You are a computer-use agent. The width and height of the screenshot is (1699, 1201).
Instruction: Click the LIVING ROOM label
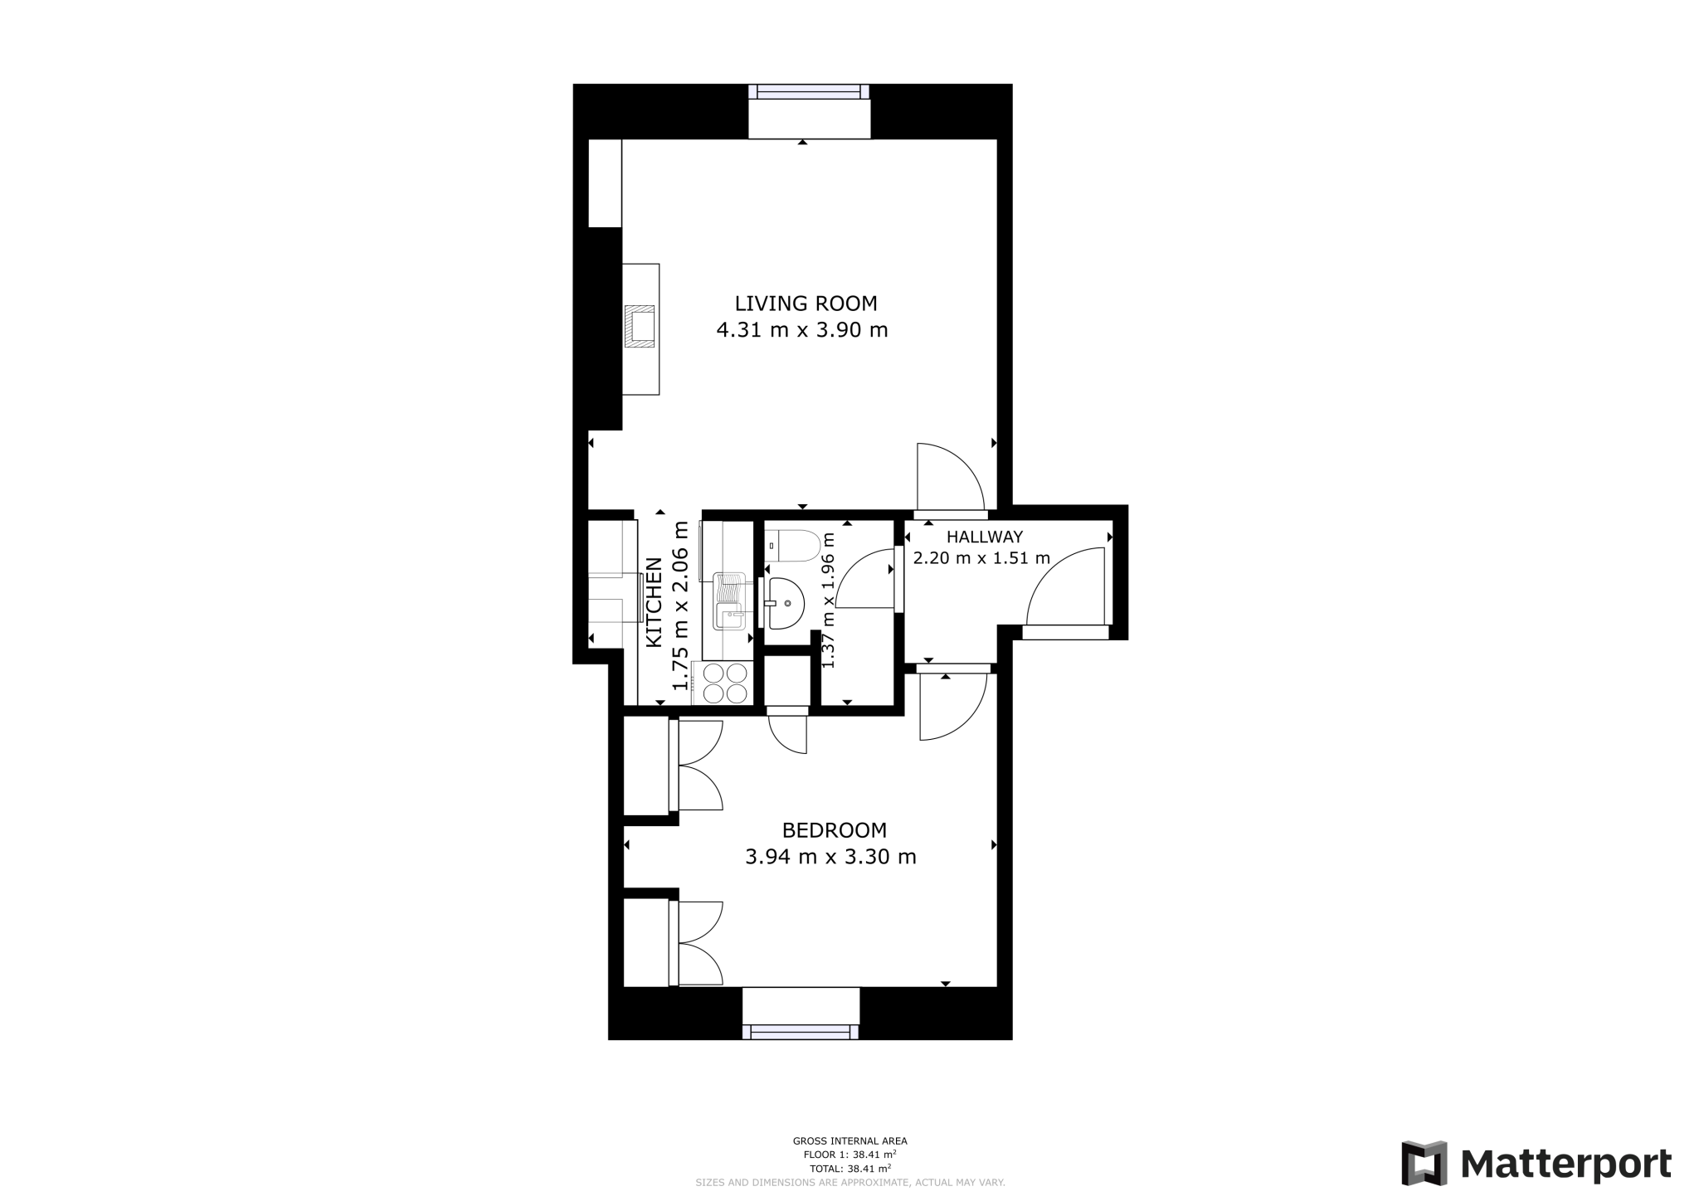point(806,304)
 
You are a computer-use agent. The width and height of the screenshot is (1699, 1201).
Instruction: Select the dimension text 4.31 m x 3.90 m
point(801,330)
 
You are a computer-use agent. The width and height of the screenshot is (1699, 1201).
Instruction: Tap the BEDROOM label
point(834,830)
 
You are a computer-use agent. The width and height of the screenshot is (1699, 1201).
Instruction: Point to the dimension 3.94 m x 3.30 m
point(830,857)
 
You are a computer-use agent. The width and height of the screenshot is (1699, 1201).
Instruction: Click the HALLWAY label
point(985,537)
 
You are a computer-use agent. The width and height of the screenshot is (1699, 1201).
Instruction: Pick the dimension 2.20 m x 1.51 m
point(981,558)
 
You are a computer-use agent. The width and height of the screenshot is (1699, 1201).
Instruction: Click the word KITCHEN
point(655,603)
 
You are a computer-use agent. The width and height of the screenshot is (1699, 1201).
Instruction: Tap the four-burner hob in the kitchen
point(724,683)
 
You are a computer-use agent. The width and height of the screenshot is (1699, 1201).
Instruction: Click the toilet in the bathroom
point(792,545)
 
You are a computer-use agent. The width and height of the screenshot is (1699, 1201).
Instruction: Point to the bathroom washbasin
point(784,603)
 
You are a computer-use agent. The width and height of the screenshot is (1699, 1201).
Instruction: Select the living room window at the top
point(809,93)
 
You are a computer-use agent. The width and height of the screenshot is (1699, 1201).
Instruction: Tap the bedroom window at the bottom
point(801,1031)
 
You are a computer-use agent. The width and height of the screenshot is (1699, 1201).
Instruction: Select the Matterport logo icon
point(1424,1163)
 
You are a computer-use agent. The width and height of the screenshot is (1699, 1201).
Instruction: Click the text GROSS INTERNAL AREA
point(849,1141)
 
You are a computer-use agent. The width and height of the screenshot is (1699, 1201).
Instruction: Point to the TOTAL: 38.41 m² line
point(849,1169)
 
